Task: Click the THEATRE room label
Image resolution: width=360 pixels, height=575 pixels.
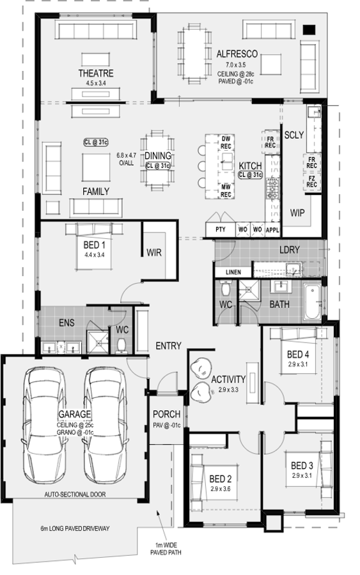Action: coord(96,73)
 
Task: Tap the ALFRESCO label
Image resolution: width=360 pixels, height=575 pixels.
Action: coord(237,54)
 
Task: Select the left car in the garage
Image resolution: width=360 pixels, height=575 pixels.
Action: coord(45,425)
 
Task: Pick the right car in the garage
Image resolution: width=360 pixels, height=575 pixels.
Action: coord(105,425)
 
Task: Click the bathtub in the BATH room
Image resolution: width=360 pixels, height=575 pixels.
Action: coord(312,302)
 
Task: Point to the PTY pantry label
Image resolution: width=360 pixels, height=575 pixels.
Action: coord(220,229)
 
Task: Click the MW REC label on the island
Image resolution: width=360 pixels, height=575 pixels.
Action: coord(226,191)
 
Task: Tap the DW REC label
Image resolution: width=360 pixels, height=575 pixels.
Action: coord(226,142)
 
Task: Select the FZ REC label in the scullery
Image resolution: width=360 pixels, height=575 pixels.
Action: coord(311,181)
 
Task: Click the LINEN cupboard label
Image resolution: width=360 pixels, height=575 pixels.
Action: coord(233,272)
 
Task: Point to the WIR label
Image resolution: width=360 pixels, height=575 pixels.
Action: coord(153,252)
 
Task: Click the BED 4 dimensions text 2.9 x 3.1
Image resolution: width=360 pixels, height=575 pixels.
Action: coord(297,365)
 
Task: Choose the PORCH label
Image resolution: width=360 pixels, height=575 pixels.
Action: coord(167,415)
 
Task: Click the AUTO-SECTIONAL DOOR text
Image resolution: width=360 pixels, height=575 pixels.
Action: coord(75,494)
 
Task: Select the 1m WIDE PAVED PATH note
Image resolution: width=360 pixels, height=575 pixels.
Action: coord(166,549)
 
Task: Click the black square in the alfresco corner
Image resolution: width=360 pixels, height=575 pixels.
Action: coord(309,29)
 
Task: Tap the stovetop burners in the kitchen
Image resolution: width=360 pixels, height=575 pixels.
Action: coord(272,188)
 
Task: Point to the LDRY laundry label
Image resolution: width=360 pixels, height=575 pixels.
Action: coord(290,250)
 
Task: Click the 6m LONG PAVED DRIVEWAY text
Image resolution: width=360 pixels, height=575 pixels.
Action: coord(75,528)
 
